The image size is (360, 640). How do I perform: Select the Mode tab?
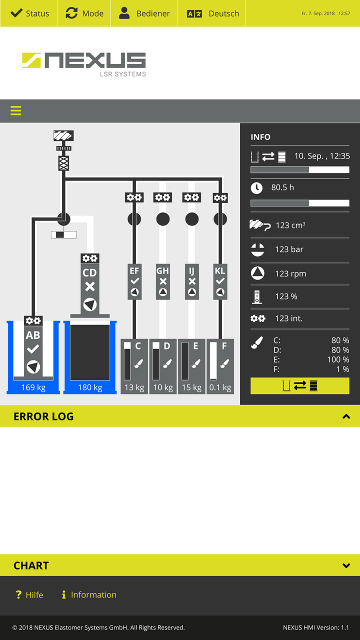pos(84,13)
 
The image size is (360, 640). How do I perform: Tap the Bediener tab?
pos(144,13)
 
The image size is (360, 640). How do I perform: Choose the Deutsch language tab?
pos(213,13)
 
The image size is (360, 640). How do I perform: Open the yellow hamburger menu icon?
pos(16,110)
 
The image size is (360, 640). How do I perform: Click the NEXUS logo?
pos(84,64)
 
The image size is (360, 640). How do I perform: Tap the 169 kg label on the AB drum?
pos(33,387)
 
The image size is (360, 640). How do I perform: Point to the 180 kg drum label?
pos(90,387)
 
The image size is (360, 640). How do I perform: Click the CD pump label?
pos(89,273)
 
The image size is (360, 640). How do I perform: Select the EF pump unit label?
pos(134,271)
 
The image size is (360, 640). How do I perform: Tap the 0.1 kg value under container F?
pos(220,387)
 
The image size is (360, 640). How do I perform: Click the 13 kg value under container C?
pos(134,387)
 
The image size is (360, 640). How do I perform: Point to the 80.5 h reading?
pos(282,187)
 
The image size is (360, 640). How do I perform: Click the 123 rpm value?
pos(290,273)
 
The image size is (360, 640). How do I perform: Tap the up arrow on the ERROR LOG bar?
pos(346,416)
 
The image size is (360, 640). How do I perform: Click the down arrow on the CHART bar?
pos(346,565)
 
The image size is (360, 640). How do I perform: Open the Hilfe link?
pos(29,595)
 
